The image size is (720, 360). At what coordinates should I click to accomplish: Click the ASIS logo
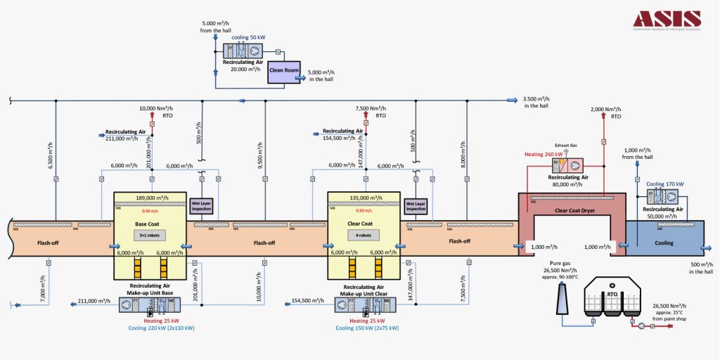[x=666, y=20]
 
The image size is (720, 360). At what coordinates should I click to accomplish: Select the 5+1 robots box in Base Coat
[x=148, y=235]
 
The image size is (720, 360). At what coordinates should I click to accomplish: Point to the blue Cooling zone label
[x=664, y=243]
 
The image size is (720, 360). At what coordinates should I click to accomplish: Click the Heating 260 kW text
[x=544, y=153]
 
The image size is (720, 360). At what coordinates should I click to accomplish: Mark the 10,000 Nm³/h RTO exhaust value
[x=151, y=109]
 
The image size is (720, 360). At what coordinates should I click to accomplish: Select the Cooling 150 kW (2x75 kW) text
[x=367, y=328]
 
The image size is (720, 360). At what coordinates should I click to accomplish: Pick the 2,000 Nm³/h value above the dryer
[x=606, y=109]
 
